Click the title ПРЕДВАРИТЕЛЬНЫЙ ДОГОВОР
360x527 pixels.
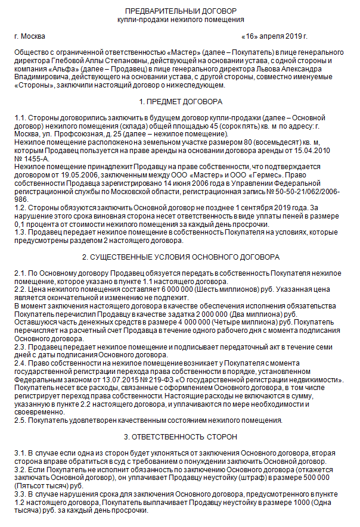(x=180, y=11)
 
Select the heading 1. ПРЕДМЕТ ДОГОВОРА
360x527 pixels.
(x=180, y=102)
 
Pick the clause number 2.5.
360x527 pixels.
(x=21, y=420)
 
